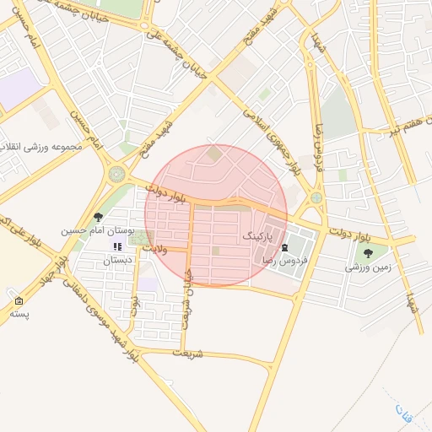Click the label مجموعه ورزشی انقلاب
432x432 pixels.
tap(40, 147)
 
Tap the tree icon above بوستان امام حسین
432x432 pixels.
tap(99, 217)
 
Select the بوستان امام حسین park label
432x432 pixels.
tap(94, 230)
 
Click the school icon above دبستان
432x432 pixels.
tap(117, 246)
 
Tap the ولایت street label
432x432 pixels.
tap(156, 250)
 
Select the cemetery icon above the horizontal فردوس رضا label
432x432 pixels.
tap(284, 247)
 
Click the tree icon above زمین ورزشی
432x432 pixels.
tap(368, 252)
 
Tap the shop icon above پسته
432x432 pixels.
tap(19, 301)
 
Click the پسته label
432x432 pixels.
tap(19, 314)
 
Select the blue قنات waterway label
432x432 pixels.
tap(402, 412)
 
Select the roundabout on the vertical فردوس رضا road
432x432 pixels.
tap(316, 198)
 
